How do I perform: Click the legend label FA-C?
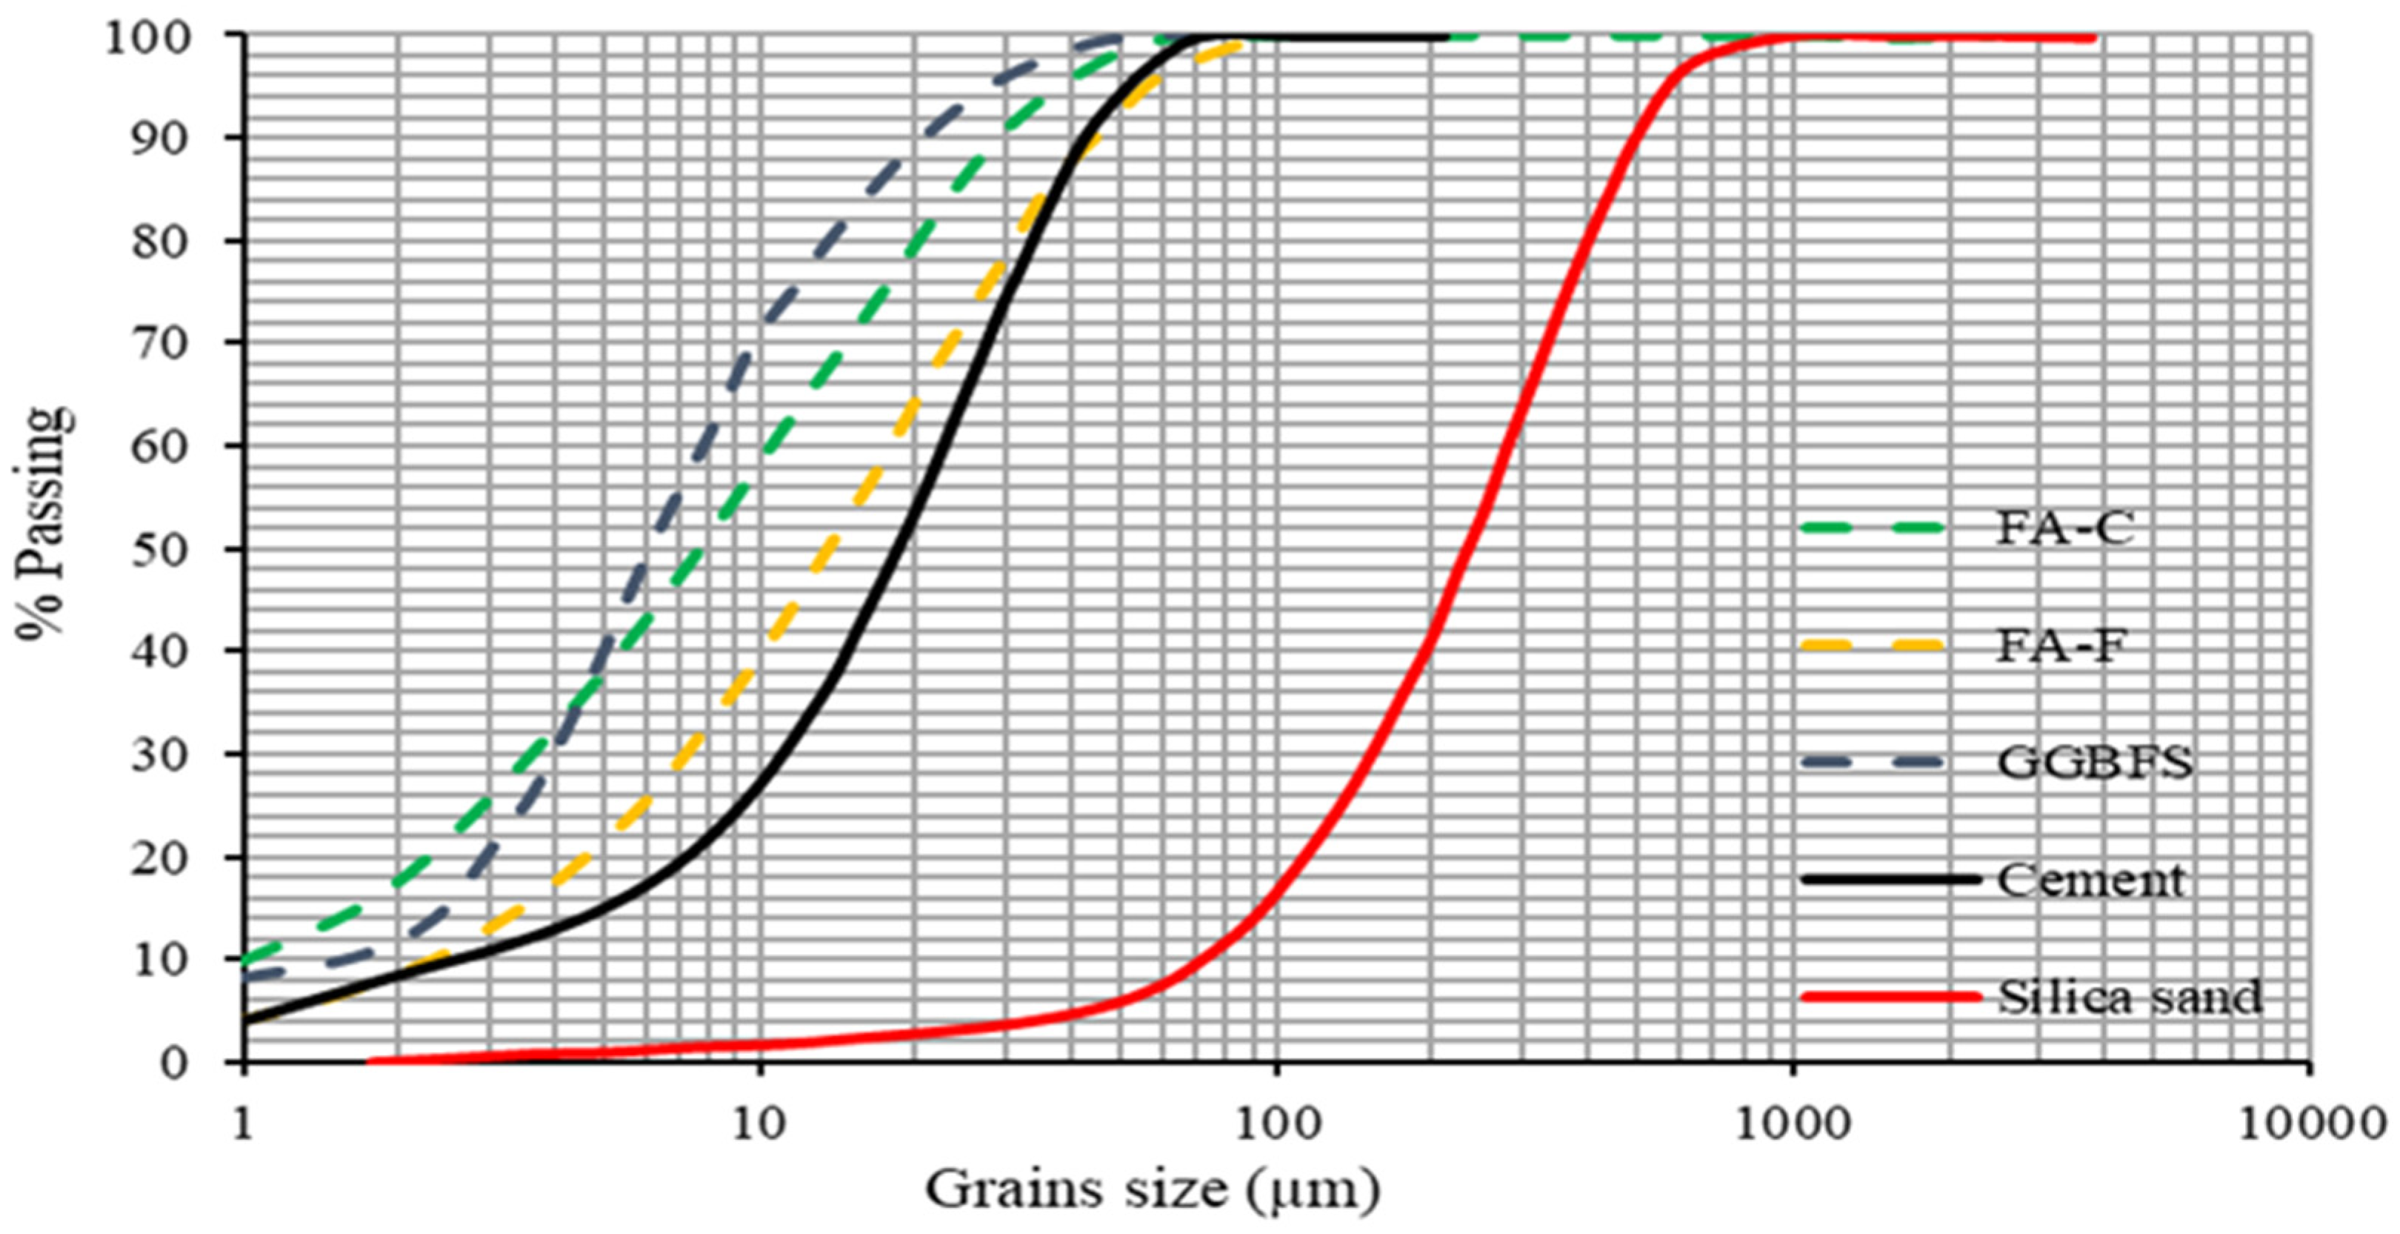coord(2064,528)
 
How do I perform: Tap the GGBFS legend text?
coord(2094,763)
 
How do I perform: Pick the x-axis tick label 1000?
coord(1793,1124)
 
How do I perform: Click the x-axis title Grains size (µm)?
coord(1153,1190)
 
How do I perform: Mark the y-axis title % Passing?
coord(44,522)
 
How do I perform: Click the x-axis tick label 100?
coord(1276,1124)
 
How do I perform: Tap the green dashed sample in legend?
coord(1873,528)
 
